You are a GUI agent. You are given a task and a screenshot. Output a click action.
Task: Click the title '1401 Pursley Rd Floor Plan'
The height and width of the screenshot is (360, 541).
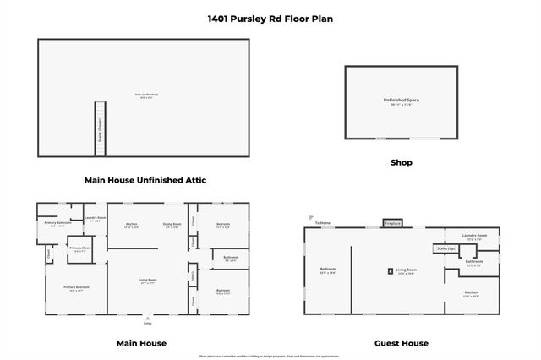tap(270, 18)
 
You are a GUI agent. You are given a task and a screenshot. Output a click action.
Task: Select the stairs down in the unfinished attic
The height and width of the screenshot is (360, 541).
tap(100, 128)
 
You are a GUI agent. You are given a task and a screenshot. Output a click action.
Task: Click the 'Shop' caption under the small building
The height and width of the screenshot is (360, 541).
tap(401, 162)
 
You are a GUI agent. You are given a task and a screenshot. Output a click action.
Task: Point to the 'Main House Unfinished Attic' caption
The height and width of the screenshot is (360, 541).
tap(145, 180)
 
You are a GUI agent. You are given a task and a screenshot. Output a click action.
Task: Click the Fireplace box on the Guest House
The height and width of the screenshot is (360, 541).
tap(392, 224)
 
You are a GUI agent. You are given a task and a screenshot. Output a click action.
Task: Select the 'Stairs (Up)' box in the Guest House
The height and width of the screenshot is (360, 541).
tap(445, 248)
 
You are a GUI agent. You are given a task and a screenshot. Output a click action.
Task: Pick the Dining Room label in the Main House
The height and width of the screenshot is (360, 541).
tap(172, 226)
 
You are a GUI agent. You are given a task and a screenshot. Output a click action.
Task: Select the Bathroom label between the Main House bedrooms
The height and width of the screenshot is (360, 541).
tap(230, 258)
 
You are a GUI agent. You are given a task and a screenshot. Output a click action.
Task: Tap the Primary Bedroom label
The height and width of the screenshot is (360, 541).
tap(76, 288)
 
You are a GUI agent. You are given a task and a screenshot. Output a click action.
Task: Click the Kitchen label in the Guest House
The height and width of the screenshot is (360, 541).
tap(471, 293)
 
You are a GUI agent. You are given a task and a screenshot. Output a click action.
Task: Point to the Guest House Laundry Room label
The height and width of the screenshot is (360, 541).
tap(474, 237)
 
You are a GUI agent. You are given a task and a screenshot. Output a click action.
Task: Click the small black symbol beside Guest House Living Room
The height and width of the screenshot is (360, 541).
tap(391, 271)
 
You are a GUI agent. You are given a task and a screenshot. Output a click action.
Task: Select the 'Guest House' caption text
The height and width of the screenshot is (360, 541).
tap(401, 343)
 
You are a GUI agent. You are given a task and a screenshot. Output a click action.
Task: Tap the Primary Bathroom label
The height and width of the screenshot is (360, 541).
tap(57, 224)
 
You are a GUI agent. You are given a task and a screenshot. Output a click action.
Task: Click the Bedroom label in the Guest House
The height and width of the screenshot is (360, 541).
tap(328, 271)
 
